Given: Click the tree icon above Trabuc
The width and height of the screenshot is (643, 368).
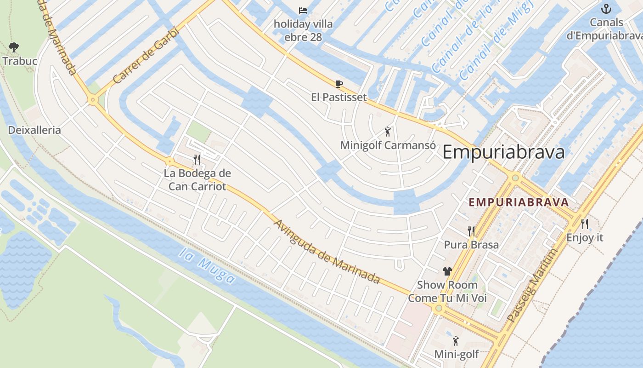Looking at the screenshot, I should pyautogui.click(x=14, y=47).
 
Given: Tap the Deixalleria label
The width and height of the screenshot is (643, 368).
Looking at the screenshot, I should pyautogui.click(x=34, y=130).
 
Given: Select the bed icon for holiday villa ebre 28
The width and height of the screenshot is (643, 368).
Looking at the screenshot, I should pyautogui.click(x=303, y=11).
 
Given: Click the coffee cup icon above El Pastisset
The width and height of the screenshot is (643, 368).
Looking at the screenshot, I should pyautogui.click(x=339, y=84).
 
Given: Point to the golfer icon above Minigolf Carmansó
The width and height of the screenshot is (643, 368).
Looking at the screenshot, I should pyautogui.click(x=388, y=132).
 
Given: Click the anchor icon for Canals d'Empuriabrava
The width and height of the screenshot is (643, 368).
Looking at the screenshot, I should pyautogui.click(x=607, y=9).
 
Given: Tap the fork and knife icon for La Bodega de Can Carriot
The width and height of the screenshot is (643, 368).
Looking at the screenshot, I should pyautogui.click(x=197, y=160).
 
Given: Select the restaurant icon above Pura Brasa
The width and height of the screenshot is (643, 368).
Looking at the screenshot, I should pyautogui.click(x=471, y=231).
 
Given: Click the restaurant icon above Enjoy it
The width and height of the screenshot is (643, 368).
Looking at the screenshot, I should pyautogui.click(x=585, y=224).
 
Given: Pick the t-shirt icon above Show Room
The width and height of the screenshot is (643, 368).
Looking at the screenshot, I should pyautogui.click(x=447, y=271).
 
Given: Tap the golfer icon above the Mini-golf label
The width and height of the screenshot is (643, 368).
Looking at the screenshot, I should pyautogui.click(x=456, y=341).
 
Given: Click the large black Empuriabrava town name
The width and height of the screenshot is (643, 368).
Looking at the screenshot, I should pyautogui.click(x=503, y=152).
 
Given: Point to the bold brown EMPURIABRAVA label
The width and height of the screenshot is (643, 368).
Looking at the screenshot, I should pyautogui.click(x=519, y=202).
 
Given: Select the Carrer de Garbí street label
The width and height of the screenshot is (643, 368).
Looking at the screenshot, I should pyautogui.click(x=145, y=55).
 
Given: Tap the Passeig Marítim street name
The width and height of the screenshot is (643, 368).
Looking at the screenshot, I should pyautogui.click(x=532, y=286).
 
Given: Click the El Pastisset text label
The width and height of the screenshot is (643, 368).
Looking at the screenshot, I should pyautogui.click(x=339, y=97).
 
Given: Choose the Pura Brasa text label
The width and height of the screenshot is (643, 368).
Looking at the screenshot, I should pyautogui.click(x=471, y=245).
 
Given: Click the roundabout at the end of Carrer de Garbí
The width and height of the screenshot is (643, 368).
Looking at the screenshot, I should pyautogui.click(x=93, y=99).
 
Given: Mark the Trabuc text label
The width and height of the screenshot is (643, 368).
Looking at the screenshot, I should pyautogui.click(x=20, y=61).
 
